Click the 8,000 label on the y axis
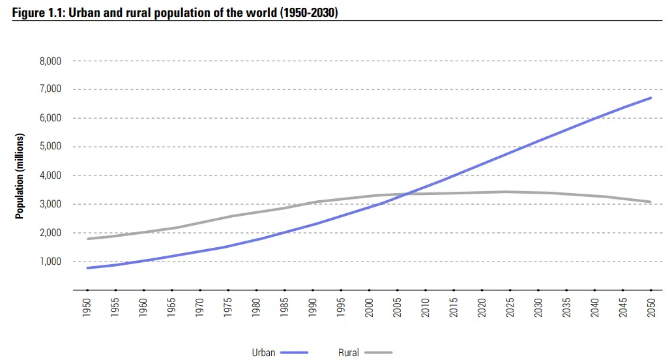[50, 61]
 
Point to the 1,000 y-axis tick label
[50, 262]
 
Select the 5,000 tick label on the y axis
[50, 147]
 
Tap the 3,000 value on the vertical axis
[50, 204]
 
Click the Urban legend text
[264, 353]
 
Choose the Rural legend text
[349, 353]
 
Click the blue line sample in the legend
[294, 353]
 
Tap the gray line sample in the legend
[379, 353]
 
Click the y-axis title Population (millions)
[20, 176]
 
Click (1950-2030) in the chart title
[308, 13]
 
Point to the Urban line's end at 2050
[650, 98]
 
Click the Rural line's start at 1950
[87, 239]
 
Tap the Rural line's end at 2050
[650, 202]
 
